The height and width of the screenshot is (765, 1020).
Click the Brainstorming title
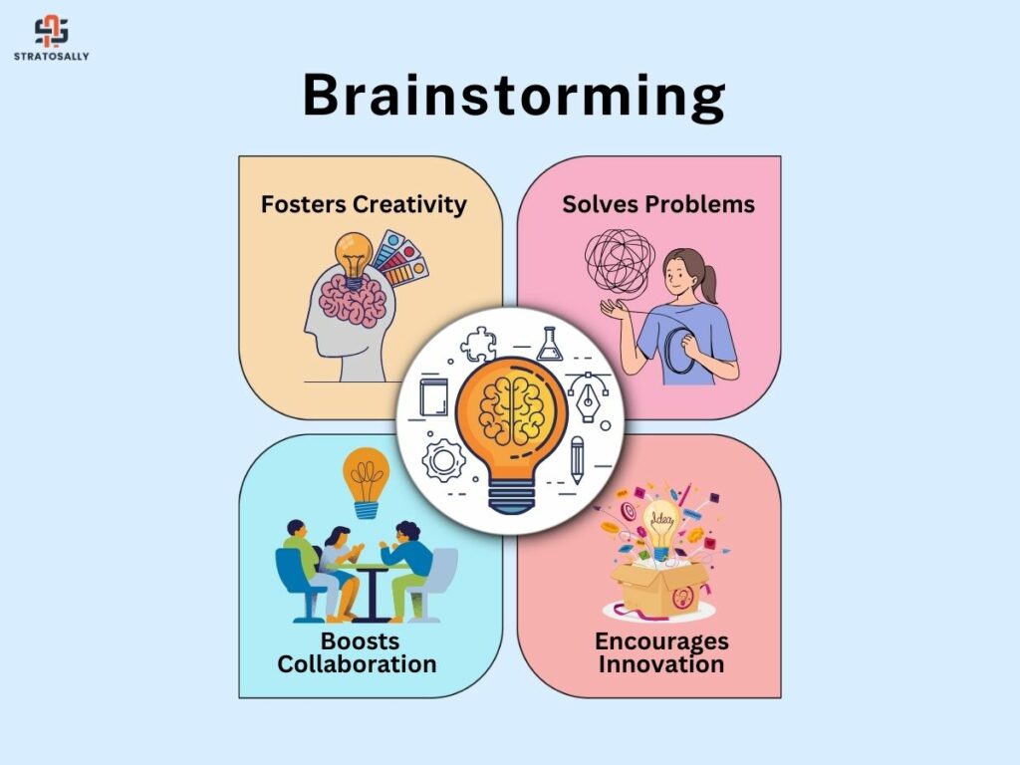click(x=514, y=97)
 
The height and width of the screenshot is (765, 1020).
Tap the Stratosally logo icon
click(x=52, y=32)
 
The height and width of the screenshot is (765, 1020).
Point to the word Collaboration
click(x=358, y=664)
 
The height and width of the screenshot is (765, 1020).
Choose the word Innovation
click(x=661, y=664)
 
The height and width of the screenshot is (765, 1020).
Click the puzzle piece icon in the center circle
click(x=479, y=345)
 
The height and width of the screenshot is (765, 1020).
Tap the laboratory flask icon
click(x=550, y=344)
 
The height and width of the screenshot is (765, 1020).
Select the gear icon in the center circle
click(x=443, y=460)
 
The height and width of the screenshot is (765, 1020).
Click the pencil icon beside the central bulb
click(x=577, y=460)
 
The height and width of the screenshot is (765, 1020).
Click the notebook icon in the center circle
click(x=433, y=396)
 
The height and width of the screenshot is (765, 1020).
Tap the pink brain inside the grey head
click(x=354, y=299)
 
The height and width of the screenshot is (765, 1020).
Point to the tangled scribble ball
click(x=620, y=262)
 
